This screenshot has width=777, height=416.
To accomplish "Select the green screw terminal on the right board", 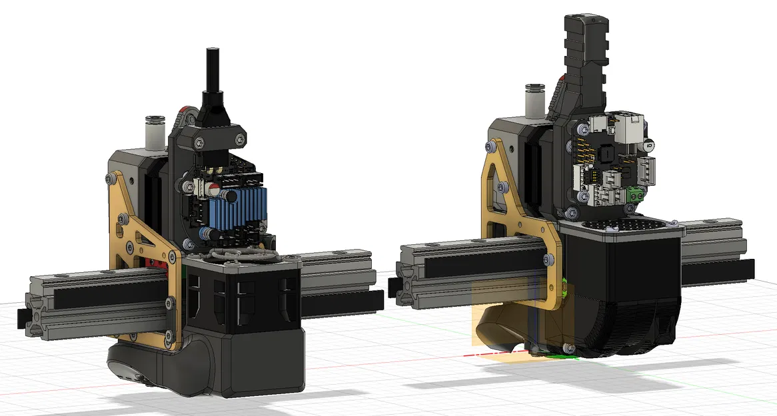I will coord(634,194).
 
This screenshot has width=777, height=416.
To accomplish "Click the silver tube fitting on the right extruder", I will coord(535,97).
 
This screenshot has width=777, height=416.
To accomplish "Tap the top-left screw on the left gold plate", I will coord(109,177).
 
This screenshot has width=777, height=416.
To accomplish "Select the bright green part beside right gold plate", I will coord(564,288).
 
